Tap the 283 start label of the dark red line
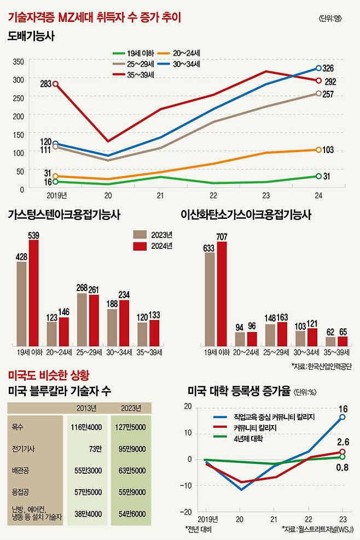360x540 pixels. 45,84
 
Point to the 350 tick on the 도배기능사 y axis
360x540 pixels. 18,61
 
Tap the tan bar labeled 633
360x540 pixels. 209,299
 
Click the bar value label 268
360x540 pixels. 82,288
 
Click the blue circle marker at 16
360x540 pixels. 342,417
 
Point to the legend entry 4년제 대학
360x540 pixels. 235,439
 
